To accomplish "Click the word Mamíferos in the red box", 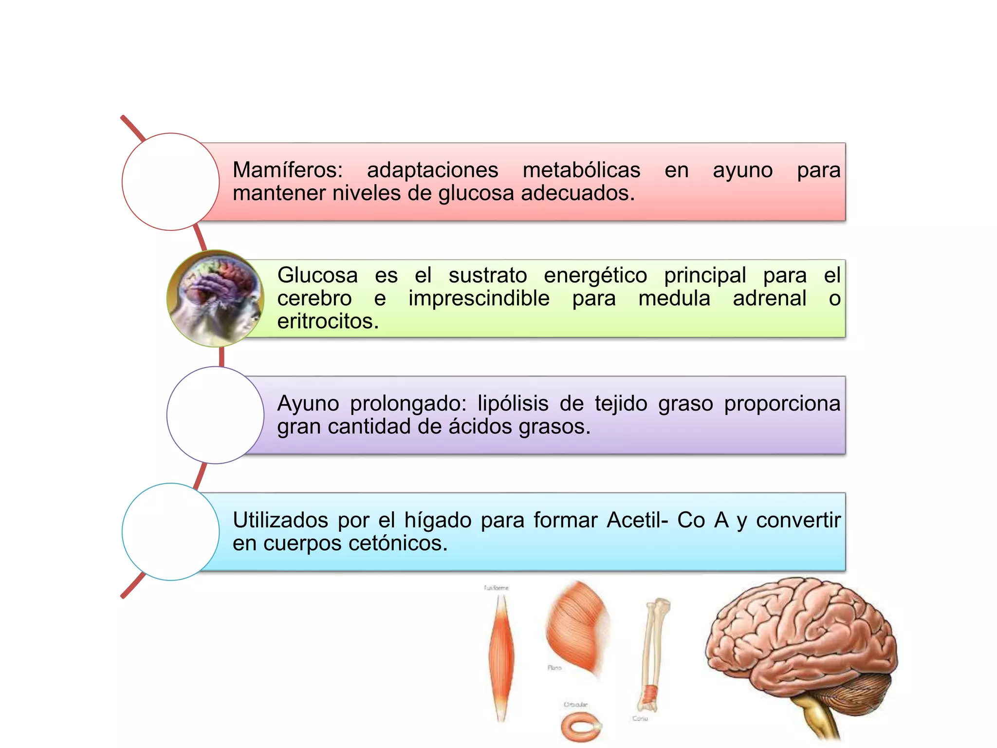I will [x=287, y=170].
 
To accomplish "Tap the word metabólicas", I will [x=581, y=170].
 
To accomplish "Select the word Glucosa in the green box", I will [x=317, y=276].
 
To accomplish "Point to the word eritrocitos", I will [x=328, y=321].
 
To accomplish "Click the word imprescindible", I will [x=479, y=299].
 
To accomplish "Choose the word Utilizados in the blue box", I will [x=280, y=520].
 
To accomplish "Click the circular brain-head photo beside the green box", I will [x=215, y=299].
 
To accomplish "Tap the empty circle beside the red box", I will [x=170, y=182].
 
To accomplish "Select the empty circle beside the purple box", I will [x=215, y=415].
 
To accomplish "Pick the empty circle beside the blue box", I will [x=170, y=532].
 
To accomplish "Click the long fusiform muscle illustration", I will [x=501, y=657].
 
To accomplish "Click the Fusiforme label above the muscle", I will [x=496, y=588].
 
